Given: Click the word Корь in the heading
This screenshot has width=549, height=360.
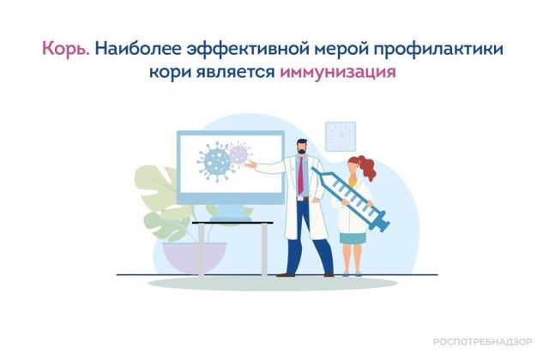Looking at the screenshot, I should coord(65,49).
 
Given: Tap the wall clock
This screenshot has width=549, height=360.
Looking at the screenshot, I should coord(340,135).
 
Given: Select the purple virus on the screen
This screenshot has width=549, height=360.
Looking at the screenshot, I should coord(239,154).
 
